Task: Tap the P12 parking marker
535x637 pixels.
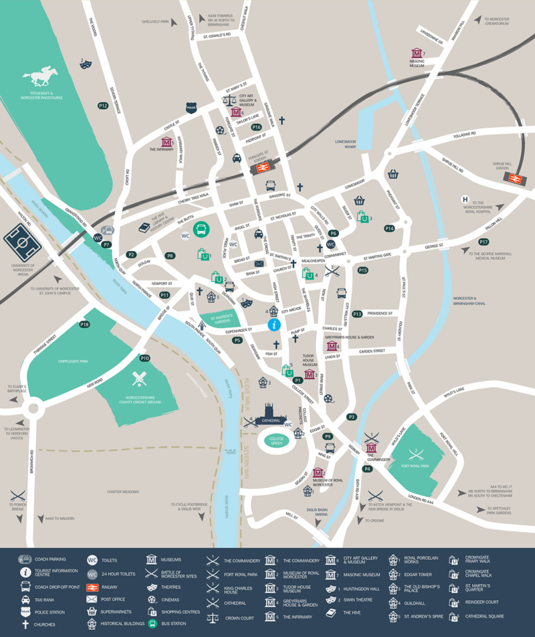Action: click(103, 106)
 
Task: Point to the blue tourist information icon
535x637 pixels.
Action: click(273, 325)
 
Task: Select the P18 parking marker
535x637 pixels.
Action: click(84, 325)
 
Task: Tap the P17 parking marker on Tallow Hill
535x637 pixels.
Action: click(484, 242)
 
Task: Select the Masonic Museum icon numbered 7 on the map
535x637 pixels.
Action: click(417, 53)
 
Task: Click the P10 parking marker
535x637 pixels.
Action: click(144, 358)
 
